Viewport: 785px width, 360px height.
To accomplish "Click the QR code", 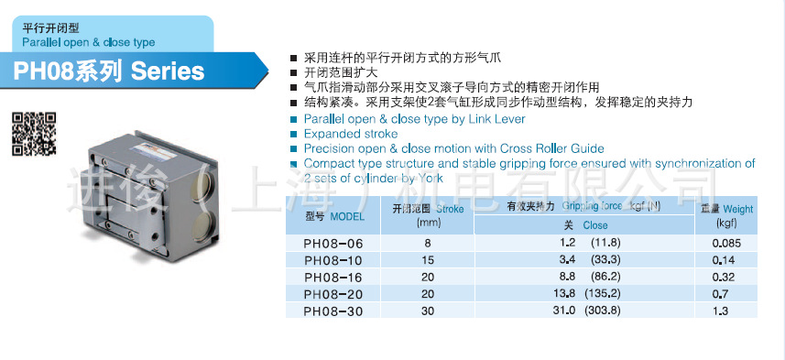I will tap(33, 132).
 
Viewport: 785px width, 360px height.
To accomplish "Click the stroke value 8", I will tap(427, 244).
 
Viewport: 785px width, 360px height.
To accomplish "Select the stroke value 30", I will tap(427, 311).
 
